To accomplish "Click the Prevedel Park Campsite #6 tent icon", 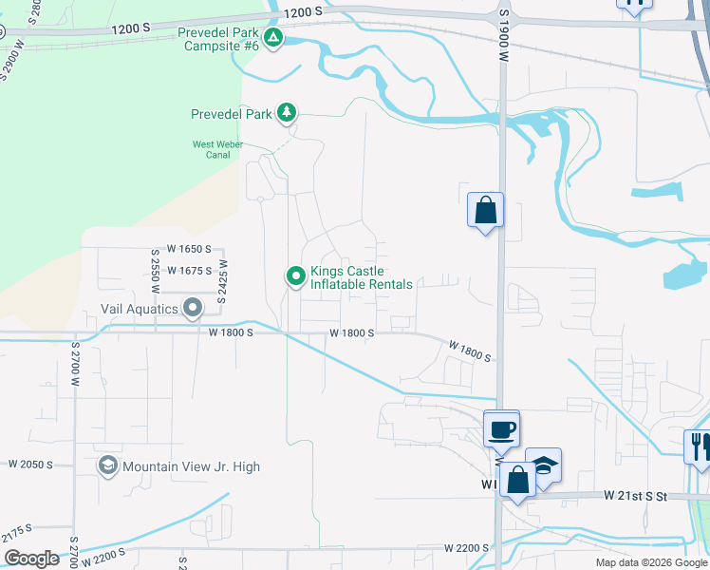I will pyautogui.click(x=273, y=38).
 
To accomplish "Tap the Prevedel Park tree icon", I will pyautogui.click(x=286, y=114).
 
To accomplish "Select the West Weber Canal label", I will pyautogui.click(x=218, y=150).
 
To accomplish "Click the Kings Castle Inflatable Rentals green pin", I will pyautogui.click(x=295, y=276).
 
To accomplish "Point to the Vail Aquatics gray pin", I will pyautogui.click(x=193, y=308).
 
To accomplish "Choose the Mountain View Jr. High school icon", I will pyautogui.click(x=108, y=466).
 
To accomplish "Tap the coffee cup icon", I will pyautogui.click(x=501, y=429).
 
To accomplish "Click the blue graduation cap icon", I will pyautogui.click(x=543, y=466).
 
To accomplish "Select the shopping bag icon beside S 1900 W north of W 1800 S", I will pyautogui.click(x=485, y=210).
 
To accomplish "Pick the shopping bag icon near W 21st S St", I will pyautogui.click(x=518, y=481).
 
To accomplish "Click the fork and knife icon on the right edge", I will pyautogui.click(x=700, y=446).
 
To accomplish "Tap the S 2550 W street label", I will pyautogui.click(x=155, y=273).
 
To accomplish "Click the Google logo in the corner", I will pyautogui.click(x=31, y=559).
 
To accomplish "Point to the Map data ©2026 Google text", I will pyautogui.click(x=651, y=562).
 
